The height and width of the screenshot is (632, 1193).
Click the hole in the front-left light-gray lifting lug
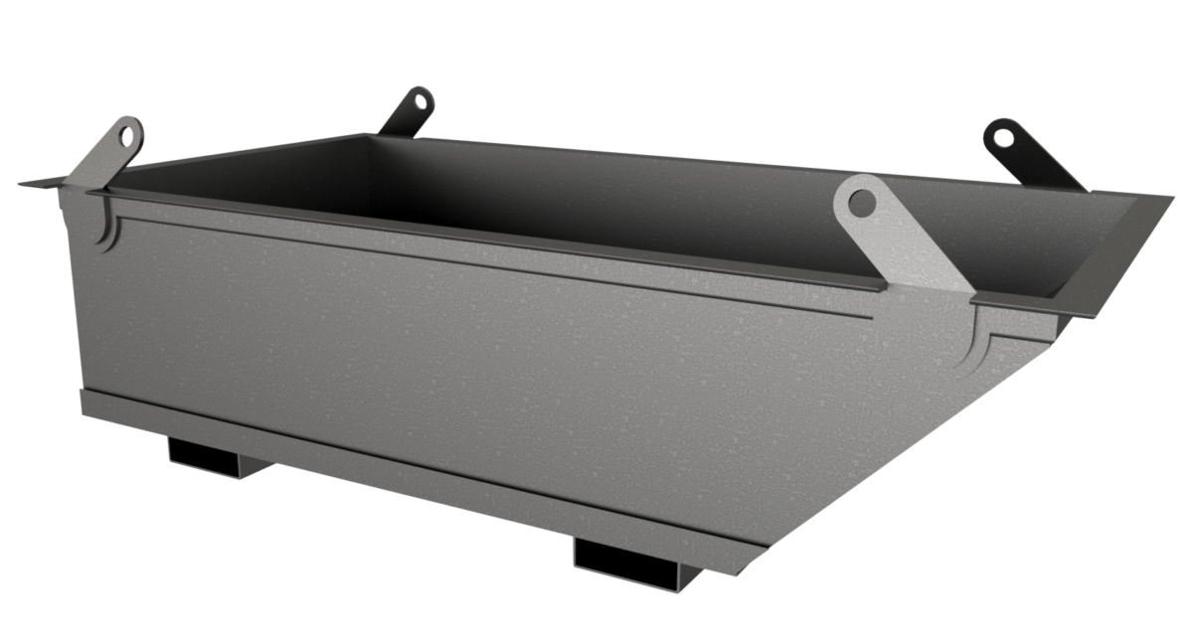pyautogui.click(x=127, y=135)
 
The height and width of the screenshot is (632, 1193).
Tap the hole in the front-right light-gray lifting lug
pyautogui.click(x=862, y=204)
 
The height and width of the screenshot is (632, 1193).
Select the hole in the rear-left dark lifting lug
pyautogui.click(x=420, y=101)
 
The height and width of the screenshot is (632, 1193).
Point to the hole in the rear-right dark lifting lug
pyautogui.click(x=1006, y=135)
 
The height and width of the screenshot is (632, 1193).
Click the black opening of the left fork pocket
pyautogui.click(x=205, y=453)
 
